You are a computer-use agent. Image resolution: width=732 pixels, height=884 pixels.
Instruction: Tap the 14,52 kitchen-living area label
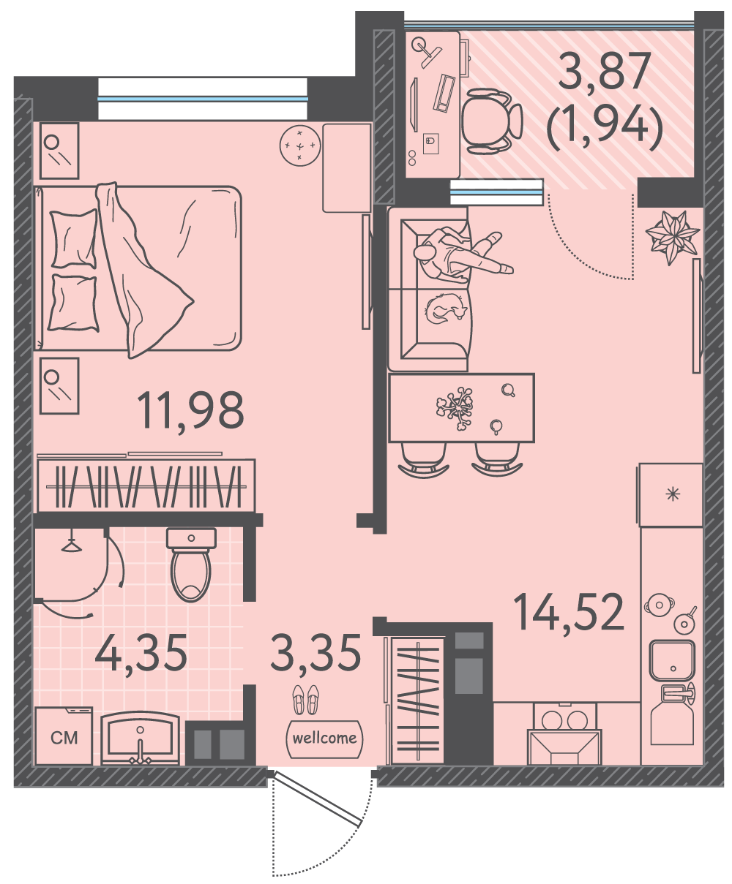tap(568, 613)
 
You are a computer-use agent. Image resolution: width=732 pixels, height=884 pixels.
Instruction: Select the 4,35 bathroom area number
tap(141, 653)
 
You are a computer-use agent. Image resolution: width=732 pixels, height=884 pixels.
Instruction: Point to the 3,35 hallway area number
tap(316, 653)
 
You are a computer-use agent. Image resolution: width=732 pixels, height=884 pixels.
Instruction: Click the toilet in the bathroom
tap(191, 564)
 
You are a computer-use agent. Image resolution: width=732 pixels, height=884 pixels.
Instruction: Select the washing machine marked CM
tap(64, 736)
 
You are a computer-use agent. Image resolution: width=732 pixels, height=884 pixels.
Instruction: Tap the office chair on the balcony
tap(491, 121)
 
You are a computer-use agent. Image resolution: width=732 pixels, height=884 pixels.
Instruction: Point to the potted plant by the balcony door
tap(672, 238)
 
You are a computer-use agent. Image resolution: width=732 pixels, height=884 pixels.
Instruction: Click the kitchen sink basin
tap(673, 660)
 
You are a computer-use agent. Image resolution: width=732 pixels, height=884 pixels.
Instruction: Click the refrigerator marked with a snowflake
tap(671, 494)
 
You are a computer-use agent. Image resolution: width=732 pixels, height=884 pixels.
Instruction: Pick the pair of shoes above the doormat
tap(305, 700)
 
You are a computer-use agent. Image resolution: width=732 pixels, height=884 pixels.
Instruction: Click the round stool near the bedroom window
tap(300, 146)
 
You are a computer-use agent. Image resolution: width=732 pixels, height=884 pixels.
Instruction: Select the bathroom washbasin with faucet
tap(141, 738)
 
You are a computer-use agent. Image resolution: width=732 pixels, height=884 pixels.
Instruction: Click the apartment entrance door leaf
tap(317, 798)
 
